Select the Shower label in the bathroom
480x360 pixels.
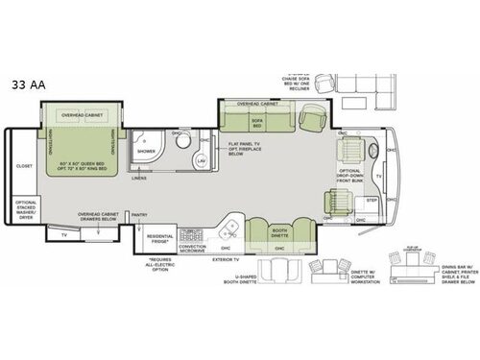pos(145,151)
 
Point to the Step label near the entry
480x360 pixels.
pos(371,201)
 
